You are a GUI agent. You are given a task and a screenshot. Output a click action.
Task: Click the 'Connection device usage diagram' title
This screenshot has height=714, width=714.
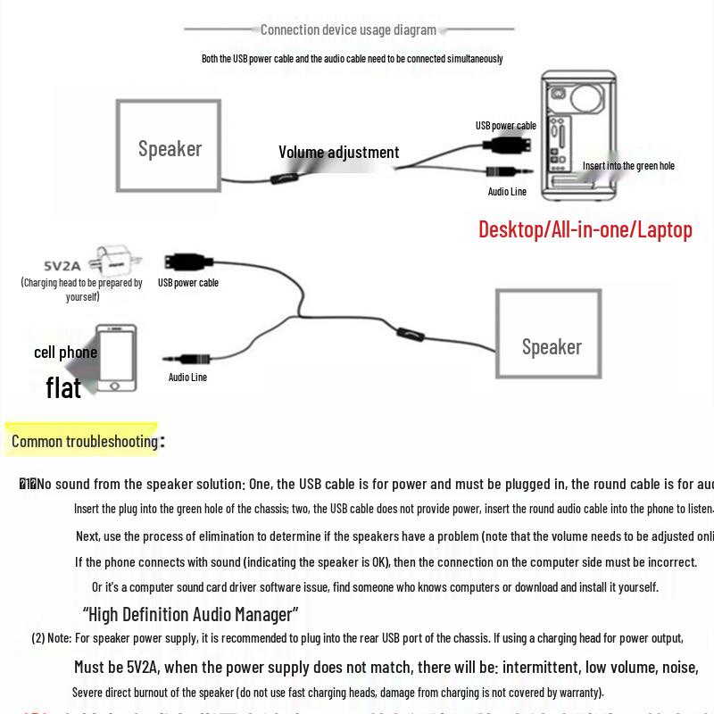348,29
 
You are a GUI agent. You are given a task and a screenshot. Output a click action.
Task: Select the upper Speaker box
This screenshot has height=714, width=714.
169,146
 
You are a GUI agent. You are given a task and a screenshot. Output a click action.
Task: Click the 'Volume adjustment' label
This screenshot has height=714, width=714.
338,153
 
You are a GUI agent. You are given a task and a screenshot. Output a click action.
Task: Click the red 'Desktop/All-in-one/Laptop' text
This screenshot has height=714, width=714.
585,229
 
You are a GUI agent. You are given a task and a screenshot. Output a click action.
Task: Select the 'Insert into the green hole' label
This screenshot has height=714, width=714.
628,165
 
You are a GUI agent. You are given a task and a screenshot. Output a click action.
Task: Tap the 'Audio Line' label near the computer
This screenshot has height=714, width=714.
507,192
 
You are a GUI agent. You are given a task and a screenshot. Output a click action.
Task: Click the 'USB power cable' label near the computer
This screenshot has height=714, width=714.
505,126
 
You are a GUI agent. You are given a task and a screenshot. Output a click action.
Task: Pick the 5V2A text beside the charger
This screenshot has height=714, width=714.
62,265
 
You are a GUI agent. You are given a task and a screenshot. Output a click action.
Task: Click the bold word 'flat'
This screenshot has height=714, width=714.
63,387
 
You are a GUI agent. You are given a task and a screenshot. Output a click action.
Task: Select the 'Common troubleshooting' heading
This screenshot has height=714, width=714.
85,441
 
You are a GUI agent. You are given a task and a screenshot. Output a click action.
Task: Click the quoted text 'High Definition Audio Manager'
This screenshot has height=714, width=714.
190,614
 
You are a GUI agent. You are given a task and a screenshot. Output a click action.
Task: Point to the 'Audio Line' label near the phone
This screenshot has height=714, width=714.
187,378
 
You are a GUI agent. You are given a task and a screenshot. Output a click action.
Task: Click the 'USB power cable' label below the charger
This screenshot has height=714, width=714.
187,283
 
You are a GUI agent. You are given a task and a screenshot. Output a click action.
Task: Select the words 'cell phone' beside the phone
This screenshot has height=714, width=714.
65,353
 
